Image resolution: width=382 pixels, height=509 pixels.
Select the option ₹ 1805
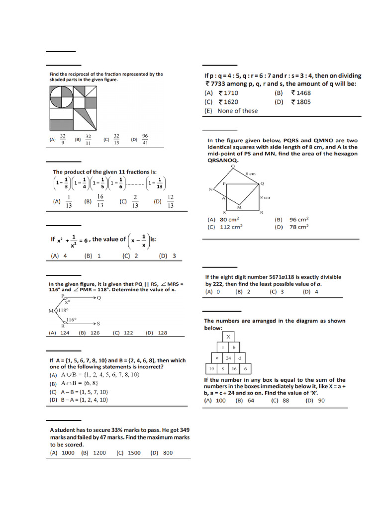click(300, 102)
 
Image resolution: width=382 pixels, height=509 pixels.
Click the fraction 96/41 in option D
click(145, 139)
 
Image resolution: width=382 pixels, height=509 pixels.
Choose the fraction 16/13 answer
click(100, 201)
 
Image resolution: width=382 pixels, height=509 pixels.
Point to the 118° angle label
click(63, 310)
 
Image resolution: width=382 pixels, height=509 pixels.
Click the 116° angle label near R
click(71, 320)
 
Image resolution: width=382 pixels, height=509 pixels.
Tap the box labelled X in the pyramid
click(228, 337)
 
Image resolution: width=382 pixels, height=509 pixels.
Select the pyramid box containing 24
click(228, 358)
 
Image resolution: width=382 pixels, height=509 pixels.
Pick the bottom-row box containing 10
click(211, 369)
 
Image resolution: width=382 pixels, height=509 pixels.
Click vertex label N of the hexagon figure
click(210, 189)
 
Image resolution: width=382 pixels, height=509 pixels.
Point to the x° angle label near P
click(68, 301)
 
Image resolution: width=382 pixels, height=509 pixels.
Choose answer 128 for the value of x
click(162, 333)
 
